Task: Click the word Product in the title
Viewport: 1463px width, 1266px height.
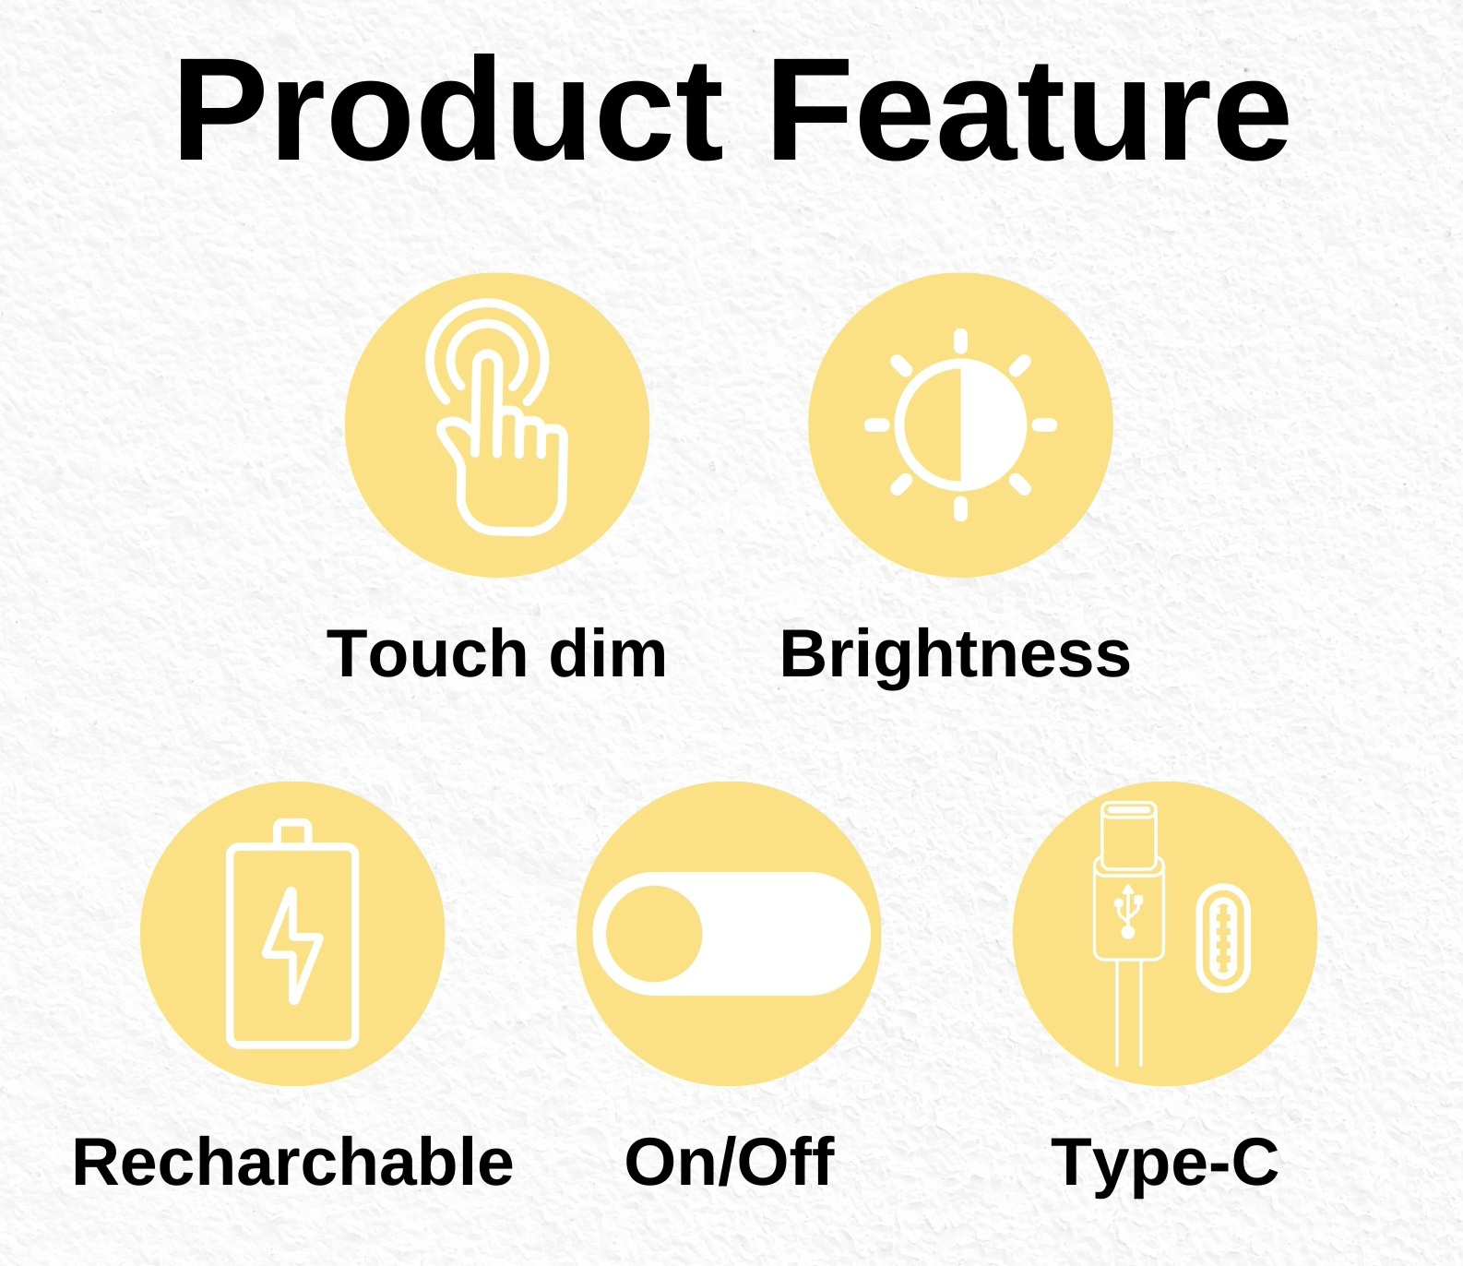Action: click(448, 112)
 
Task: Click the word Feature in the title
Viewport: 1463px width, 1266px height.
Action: click(1029, 112)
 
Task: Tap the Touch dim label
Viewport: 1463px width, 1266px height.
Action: click(496, 653)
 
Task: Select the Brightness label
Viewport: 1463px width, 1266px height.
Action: click(955, 655)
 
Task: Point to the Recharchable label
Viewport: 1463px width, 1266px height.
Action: click(292, 1162)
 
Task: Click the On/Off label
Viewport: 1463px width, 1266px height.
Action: click(729, 1162)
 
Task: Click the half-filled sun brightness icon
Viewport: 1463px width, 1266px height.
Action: click(960, 425)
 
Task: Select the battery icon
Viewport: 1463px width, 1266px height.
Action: click(292, 934)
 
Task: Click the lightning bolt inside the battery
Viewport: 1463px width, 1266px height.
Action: click(293, 945)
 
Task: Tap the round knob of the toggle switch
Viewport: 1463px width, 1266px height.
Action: click(654, 934)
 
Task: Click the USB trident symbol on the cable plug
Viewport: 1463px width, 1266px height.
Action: click(1127, 912)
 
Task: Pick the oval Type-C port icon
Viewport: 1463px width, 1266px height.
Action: click(1223, 938)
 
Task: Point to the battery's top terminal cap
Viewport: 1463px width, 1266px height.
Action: click(292, 831)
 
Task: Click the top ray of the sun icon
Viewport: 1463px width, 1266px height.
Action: click(960, 341)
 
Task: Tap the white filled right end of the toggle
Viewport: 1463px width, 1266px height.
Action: click(784, 934)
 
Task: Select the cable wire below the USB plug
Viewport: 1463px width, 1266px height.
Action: click(1129, 1013)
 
